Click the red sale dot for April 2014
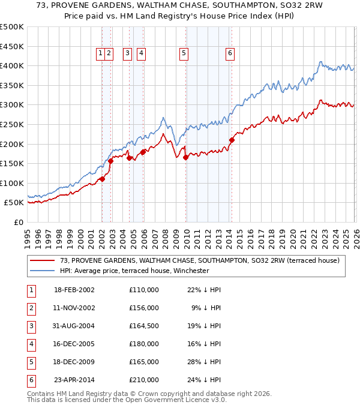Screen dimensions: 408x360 232,140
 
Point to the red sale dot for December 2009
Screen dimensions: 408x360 185,157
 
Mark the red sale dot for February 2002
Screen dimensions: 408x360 103,179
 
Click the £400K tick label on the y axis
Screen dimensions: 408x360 12,65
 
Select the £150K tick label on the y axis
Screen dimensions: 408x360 12,163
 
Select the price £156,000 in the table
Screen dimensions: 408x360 143,308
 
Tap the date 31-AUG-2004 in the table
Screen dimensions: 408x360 74,326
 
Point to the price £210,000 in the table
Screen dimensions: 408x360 143,380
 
